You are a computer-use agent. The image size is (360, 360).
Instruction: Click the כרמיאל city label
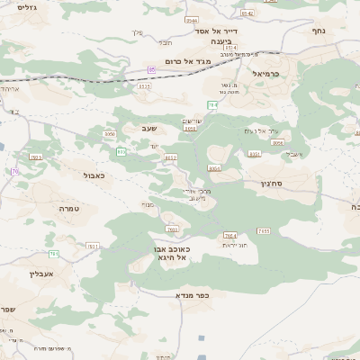click(x=267, y=74)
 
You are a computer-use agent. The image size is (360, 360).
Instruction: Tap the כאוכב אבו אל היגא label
click(x=170, y=253)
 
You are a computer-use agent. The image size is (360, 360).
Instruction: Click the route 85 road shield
click(x=152, y=68)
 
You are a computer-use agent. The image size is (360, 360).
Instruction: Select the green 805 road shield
click(x=121, y=150)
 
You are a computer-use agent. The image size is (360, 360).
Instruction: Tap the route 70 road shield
click(x=15, y=171)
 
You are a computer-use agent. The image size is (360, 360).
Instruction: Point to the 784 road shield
click(x=212, y=105)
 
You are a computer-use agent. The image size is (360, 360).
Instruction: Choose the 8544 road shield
click(x=191, y=19)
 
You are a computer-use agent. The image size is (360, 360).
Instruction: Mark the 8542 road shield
click(x=247, y=13)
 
